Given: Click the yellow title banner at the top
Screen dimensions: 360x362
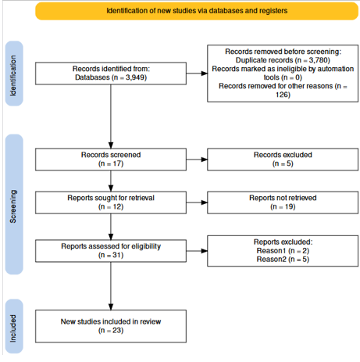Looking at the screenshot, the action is [197, 11].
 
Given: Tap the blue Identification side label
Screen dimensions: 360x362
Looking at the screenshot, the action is [14, 73].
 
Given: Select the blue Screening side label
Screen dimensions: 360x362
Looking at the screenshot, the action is [14, 204].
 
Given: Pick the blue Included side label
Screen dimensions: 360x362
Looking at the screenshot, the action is [14, 326].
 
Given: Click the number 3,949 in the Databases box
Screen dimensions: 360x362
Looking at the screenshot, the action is [135, 77].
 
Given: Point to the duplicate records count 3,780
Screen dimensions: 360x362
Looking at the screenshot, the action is [318, 60].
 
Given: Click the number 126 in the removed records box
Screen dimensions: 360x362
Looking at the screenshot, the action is [283, 95].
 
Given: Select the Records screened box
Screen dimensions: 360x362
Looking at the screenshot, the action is [111, 159].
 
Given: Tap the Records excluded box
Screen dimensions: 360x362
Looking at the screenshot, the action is [283, 159].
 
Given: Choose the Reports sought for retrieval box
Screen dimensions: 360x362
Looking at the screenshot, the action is [111, 203].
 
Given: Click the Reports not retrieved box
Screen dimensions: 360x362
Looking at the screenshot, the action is [283, 203].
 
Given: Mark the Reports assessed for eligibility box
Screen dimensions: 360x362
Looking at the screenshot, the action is [111, 251].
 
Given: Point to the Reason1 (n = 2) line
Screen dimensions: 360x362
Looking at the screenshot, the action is [283, 251].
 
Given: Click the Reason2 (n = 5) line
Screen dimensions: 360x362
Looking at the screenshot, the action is [283, 260].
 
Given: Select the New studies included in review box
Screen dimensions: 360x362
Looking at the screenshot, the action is [111, 326].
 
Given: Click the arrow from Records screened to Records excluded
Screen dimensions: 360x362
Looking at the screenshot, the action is [197, 159].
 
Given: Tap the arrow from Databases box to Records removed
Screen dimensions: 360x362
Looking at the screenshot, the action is [197, 73].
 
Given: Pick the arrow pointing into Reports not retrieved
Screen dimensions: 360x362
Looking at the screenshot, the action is [197, 203].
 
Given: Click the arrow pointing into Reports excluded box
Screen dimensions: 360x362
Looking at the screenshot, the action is [197, 251].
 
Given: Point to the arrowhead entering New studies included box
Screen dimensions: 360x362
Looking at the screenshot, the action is [111, 307].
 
